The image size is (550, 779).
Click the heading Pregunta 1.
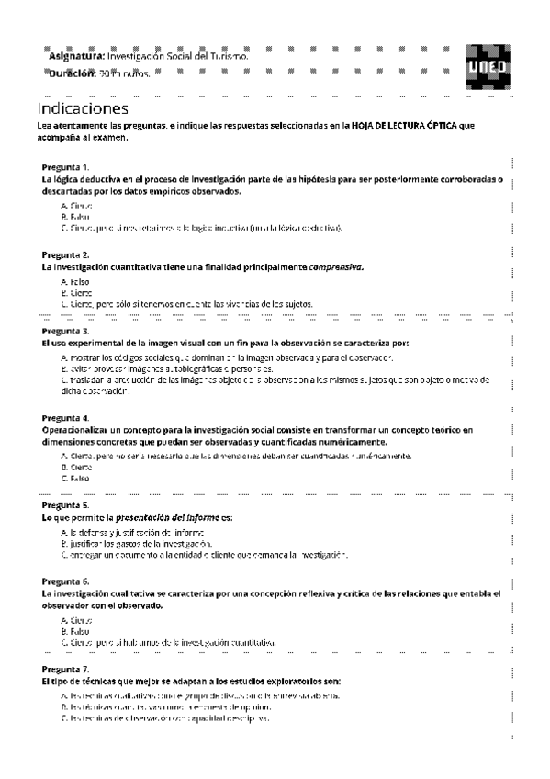pyautogui.click(x=65, y=167)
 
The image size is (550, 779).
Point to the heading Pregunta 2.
pyautogui.click(x=65, y=254)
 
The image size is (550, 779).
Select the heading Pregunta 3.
pyautogui.click(x=65, y=331)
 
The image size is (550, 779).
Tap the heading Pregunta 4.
pyautogui.click(x=65, y=417)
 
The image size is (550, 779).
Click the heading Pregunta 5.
pyautogui.click(x=65, y=505)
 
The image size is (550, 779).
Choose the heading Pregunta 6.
pyautogui.click(x=65, y=581)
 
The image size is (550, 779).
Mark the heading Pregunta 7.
pyautogui.click(x=65, y=669)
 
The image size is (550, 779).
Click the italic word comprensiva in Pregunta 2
pyautogui.click(x=336, y=266)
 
